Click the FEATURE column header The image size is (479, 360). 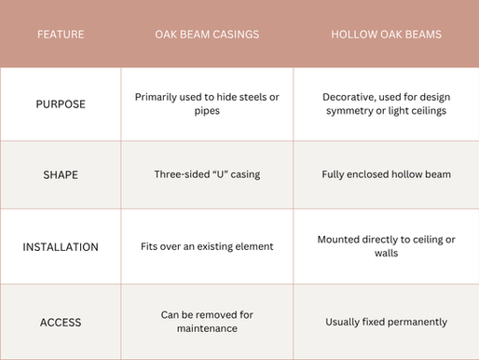pyautogui.click(x=60, y=35)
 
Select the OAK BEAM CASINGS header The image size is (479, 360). pyautogui.click(x=206, y=35)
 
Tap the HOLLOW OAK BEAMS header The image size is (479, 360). pyautogui.click(x=385, y=35)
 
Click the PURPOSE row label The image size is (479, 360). pyautogui.click(x=60, y=104)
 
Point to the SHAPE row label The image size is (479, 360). pyautogui.click(x=60, y=174)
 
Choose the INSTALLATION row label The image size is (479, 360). pyautogui.click(x=60, y=247)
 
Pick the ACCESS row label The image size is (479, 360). pyautogui.click(x=60, y=322)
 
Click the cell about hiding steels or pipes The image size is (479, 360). pyautogui.click(x=206, y=104)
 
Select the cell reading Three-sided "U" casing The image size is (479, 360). pyautogui.click(x=206, y=174)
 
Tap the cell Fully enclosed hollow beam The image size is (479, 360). pyautogui.click(x=385, y=174)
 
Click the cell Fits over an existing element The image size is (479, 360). pyautogui.click(x=206, y=247)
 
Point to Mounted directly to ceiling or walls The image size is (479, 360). pyautogui.click(x=385, y=247)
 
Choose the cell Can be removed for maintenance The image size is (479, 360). pyautogui.click(x=206, y=322)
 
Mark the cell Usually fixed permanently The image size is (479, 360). pyautogui.click(x=385, y=322)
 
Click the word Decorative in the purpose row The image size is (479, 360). pyautogui.click(x=350, y=96)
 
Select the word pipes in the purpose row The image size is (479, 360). pyautogui.click(x=206, y=112)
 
